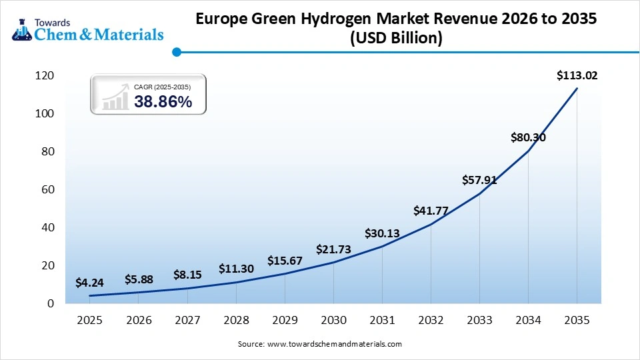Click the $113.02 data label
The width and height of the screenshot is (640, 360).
click(x=577, y=76)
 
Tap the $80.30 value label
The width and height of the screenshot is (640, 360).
click(x=529, y=138)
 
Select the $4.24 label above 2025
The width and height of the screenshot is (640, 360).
click(x=89, y=283)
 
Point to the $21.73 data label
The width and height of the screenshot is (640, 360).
click(x=333, y=249)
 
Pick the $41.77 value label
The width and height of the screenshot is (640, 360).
click(x=431, y=211)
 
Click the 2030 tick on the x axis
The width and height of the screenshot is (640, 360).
click(x=333, y=320)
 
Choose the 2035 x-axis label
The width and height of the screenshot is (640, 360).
click(x=577, y=320)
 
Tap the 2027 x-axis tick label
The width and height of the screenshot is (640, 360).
click(x=187, y=320)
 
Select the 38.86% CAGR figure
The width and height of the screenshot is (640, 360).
click(x=163, y=102)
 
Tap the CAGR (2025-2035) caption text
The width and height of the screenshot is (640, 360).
click(x=163, y=87)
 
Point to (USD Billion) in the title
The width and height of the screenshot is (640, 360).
click(x=396, y=39)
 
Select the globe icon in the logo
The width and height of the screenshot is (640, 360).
click(x=21, y=27)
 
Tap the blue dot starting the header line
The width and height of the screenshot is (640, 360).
click(x=176, y=51)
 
